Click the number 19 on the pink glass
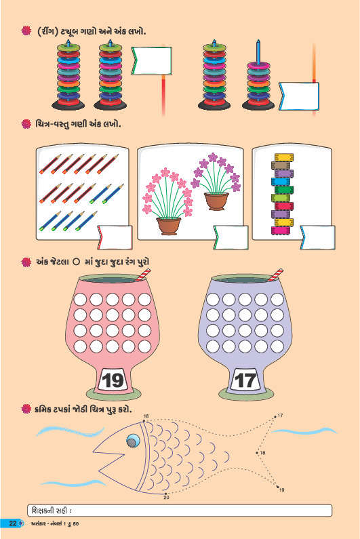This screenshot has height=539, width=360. tap(113, 380)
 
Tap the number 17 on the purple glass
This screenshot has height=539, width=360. tap(245, 380)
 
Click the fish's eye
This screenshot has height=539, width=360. tap(133, 440)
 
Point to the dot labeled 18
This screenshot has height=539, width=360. tap(257, 453)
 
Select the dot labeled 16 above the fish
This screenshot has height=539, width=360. tap(144, 420)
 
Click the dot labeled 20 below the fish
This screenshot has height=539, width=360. tap(165, 494)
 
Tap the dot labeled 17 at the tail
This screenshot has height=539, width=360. tap(275, 417)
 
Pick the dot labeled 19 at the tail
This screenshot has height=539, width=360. tap(278, 487)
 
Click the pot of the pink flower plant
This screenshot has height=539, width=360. tap(169, 226)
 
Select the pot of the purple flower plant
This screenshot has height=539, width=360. tap(216, 201)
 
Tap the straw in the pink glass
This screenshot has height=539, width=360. tap(142, 275)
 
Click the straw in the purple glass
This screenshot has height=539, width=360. tap(275, 275)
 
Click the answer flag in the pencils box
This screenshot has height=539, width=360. tap(115, 237)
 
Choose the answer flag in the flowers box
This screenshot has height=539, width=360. tap(231, 237)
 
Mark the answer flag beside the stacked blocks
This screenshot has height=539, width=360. tap(318, 237)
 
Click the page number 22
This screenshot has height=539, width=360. tap(13, 523)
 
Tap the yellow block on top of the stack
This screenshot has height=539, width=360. tap(284, 157)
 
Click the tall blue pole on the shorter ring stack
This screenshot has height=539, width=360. tap(258, 52)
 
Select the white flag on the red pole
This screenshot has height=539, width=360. tap(151, 61)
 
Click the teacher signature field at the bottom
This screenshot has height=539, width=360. tap(180, 511)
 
